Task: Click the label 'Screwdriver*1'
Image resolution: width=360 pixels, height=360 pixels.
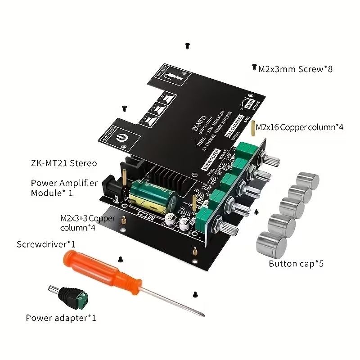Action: pos(46,244)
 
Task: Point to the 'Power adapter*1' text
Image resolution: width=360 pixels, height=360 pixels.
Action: pos(61,318)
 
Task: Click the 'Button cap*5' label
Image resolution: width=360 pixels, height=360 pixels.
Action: pos(296,264)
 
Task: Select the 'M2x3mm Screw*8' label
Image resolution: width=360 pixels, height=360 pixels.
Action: pos(295,69)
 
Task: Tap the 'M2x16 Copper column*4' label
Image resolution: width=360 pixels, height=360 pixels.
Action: pos(300,127)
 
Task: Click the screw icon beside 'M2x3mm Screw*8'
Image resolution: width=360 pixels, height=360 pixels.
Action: pos(253,67)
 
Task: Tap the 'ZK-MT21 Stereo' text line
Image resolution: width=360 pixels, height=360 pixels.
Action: pos(64,163)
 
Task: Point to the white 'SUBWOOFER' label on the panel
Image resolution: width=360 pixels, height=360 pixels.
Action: pos(210,161)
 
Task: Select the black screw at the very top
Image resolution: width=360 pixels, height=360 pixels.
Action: pos(187,45)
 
